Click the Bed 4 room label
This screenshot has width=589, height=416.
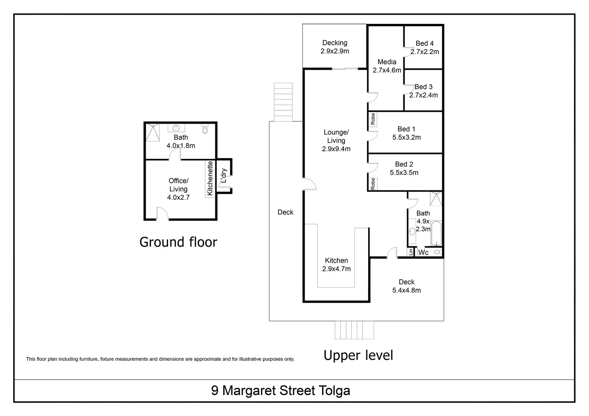(425, 43)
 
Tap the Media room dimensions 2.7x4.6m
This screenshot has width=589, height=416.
(387, 70)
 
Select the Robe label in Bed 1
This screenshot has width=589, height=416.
(373, 119)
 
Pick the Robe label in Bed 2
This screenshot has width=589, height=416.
(373, 184)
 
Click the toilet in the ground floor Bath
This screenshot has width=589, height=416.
(205, 129)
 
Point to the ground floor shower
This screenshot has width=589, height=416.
(152, 132)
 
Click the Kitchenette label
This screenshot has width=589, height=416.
(210, 178)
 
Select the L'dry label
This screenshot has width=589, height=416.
(224, 176)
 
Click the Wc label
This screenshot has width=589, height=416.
(423, 252)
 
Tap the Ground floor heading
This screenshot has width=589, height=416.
(178, 242)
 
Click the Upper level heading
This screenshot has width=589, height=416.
(358, 355)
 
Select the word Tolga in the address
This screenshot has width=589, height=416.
(335, 390)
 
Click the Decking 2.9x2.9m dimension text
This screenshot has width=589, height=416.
(335, 51)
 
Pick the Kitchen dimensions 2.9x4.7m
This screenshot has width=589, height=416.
(336, 268)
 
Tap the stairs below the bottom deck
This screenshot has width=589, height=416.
(354, 330)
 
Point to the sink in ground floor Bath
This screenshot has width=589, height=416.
(176, 128)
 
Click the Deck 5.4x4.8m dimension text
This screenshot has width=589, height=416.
(407, 290)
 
